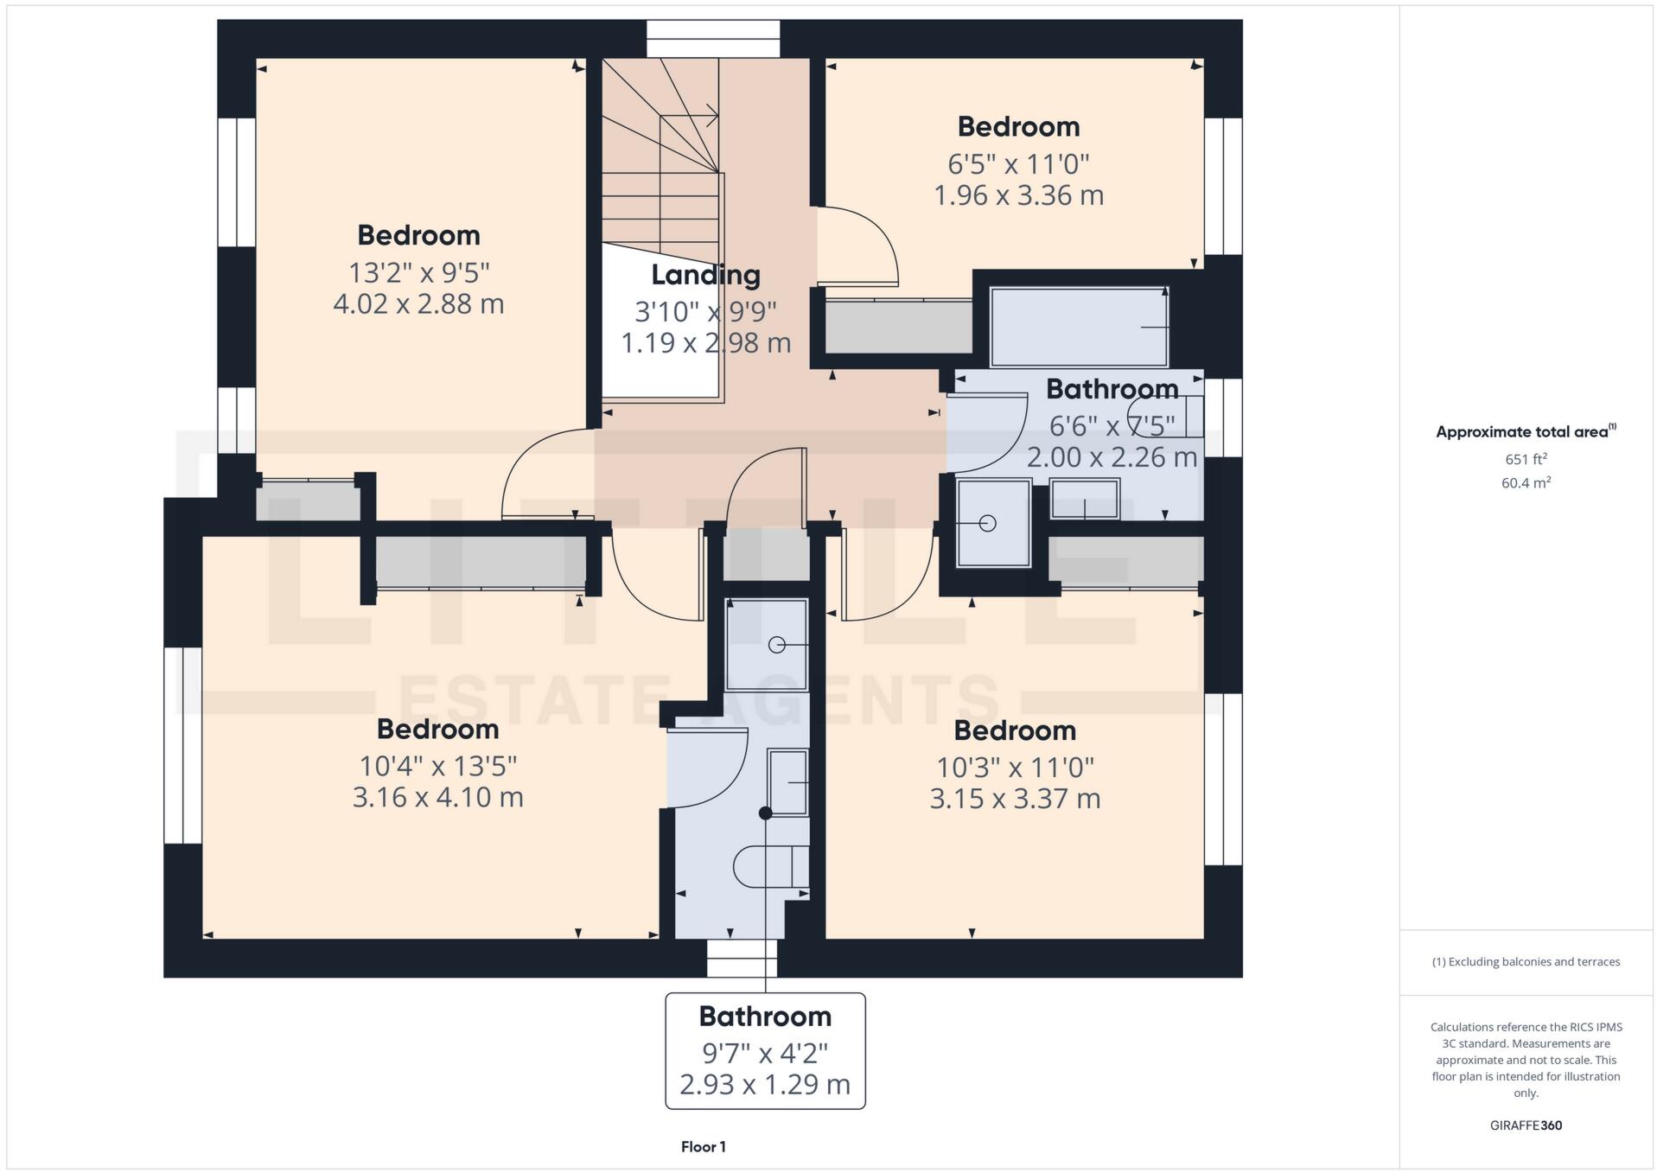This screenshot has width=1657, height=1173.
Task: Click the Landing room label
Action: click(705, 275)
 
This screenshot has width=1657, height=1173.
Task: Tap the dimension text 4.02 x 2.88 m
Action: click(418, 304)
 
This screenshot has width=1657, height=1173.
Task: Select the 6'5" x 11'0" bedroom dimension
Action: click(1018, 163)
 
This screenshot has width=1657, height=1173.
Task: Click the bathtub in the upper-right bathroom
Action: click(1078, 328)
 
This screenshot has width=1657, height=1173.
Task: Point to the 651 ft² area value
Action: click(1525, 459)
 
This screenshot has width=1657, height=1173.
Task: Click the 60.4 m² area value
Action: click(1525, 483)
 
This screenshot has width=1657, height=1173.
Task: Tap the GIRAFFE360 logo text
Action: click(1525, 1125)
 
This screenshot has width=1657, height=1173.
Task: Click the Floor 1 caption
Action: click(703, 1147)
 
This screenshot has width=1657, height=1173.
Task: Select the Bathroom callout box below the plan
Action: click(765, 1050)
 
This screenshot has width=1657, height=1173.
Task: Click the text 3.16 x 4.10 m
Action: click(437, 797)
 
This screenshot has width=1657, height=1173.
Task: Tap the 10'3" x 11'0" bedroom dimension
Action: click(1015, 767)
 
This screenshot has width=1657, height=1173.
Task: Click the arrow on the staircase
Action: click(711, 115)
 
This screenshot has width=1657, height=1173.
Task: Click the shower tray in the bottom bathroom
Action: click(767, 645)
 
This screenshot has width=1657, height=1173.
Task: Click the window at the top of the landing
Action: click(713, 39)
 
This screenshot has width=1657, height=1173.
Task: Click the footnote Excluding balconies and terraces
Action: click(1525, 962)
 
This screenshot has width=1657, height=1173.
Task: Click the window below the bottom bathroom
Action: click(742, 959)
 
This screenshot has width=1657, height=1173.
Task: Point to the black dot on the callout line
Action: click(765, 813)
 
